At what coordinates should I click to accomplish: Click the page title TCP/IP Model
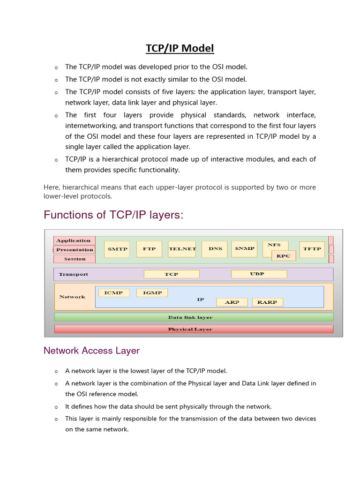click(x=180, y=48)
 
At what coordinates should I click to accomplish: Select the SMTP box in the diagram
click(x=117, y=249)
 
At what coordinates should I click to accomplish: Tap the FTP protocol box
click(x=149, y=249)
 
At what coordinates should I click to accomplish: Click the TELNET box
click(x=182, y=249)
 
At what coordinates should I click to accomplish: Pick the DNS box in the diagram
click(x=215, y=249)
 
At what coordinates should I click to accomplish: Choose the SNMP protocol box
click(x=244, y=249)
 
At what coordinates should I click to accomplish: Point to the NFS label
click(x=274, y=245)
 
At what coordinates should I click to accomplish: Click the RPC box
click(x=284, y=256)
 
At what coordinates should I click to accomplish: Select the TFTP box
click(x=312, y=249)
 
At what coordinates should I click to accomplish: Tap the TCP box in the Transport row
click(x=172, y=274)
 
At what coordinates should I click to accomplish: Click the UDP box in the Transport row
click(x=259, y=274)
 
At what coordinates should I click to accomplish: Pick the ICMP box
click(x=113, y=293)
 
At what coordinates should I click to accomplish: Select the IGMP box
click(x=152, y=293)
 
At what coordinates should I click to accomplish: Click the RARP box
click(x=267, y=302)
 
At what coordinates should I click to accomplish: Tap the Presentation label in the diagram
click(x=75, y=250)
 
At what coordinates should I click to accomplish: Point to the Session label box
click(x=75, y=259)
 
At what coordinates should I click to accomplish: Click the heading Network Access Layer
click(x=91, y=351)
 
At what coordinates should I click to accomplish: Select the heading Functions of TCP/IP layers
click(x=113, y=215)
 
